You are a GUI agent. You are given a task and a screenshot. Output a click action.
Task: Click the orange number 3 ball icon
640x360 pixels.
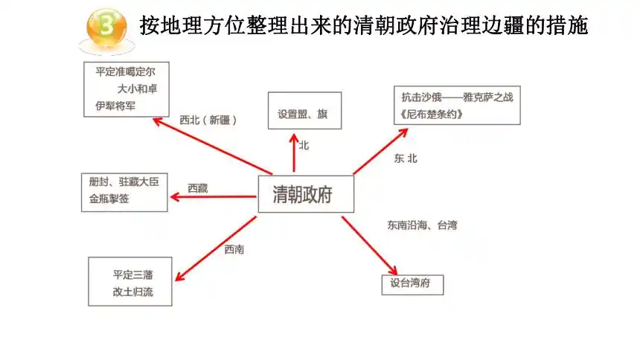click(x=106, y=28)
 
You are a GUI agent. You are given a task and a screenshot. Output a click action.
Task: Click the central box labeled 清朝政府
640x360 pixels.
click(x=306, y=194)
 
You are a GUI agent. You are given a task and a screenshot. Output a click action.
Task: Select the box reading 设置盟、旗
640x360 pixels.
click(x=304, y=111)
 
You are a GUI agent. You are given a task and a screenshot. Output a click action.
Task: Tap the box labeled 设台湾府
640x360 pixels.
click(x=412, y=284)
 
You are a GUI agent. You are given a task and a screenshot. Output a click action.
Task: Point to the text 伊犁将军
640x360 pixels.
click(x=115, y=106)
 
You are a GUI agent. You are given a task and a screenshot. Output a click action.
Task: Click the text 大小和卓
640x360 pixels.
click(x=137, y=89)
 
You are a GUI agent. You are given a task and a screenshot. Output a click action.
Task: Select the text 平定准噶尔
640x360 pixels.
click(x=125, y=72)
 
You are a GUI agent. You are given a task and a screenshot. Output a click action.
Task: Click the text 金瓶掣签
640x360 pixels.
click(x=109, y=199)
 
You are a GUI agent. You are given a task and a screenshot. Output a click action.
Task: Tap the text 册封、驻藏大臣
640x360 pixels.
click(x=124, y=181)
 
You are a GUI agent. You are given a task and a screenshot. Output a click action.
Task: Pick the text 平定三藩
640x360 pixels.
click(x=133, y=274)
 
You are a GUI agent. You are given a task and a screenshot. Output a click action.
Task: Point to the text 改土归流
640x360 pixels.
click(x=133, y=292)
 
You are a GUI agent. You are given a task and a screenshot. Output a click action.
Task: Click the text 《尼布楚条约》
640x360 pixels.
click(x=431, y=115)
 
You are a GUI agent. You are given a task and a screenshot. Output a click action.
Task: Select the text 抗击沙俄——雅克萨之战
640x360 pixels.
click(x=457, y=97)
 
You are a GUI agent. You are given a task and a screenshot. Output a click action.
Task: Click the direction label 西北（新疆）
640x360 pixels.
click(x=208, y=120)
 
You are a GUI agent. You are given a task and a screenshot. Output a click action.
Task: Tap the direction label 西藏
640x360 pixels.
click(x=198, y=188)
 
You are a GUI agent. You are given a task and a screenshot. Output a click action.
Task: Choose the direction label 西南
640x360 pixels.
click(x=234, y=249)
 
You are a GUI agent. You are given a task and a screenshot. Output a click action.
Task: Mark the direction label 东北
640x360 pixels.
click(x=406, y=158)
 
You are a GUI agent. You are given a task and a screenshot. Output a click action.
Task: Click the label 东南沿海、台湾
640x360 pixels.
click(x=422, y=225)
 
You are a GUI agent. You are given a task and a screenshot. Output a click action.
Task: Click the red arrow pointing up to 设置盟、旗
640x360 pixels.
click(x=294, y=152)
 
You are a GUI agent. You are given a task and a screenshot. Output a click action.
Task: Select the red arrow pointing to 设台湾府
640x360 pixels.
click(x=369, y=245)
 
